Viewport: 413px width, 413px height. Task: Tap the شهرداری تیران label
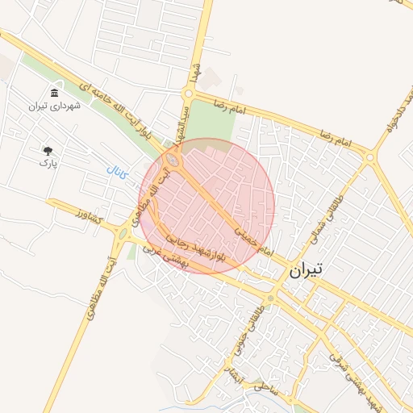[x=56, y=106]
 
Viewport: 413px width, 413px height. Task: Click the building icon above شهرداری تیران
[x=54, y=94]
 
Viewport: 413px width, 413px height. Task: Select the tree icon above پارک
[x=49, y=149]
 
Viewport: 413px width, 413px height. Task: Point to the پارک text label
[x=48, y=162]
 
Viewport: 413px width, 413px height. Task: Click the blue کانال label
[x=116, y=172]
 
